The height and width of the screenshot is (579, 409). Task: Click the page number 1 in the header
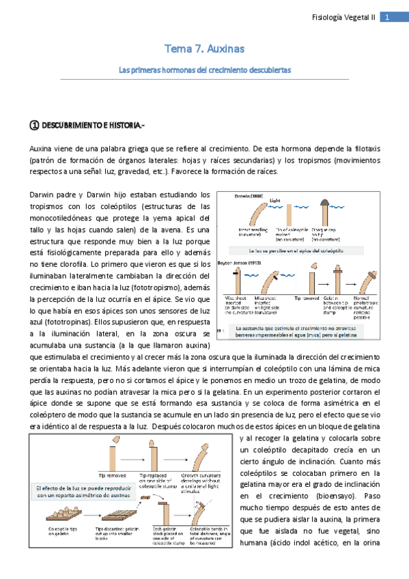click(386, 18)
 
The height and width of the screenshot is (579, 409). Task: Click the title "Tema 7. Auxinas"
click(204, 49)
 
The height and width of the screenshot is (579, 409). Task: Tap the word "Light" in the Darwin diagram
click(274, 201)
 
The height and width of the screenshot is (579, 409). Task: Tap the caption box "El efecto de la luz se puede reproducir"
click(64, 492)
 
